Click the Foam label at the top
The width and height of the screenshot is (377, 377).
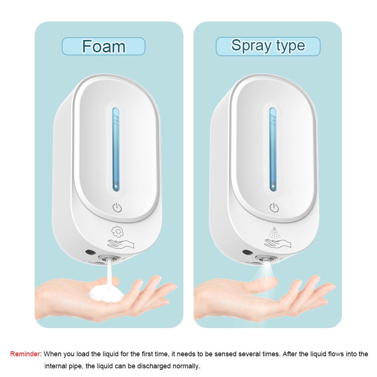[x=103, y=46]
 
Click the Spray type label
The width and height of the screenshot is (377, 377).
[x=268, y=46]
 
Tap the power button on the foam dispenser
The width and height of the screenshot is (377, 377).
[x=116, y=207]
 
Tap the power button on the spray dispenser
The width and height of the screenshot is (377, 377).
[x=274, y=207]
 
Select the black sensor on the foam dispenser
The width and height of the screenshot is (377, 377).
[x=90, y=251]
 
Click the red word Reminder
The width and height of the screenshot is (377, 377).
[x=25, y=354]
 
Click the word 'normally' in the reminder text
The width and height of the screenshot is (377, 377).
[x=186, y=366]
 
